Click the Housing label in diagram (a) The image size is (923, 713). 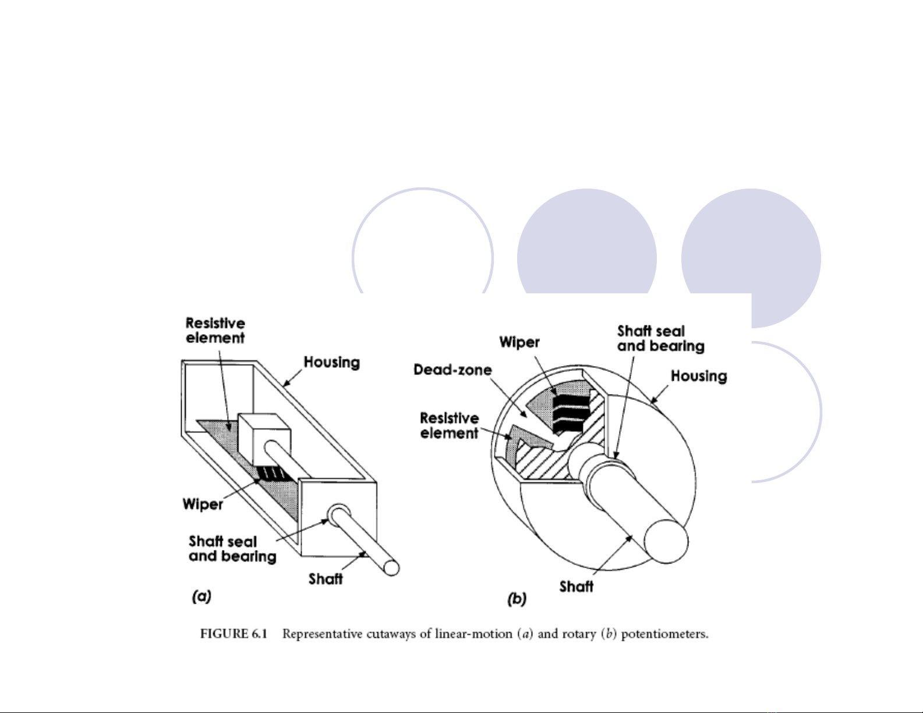(332, 363)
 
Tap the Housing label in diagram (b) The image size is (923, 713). (699, 376)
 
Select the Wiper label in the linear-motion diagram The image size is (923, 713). (203, 504)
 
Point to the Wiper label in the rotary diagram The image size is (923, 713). (519, 342)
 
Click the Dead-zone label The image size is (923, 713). (452, 370)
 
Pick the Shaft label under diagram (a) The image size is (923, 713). (326, 579)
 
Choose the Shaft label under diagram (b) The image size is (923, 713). (576, 587)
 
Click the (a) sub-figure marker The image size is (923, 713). (201, 596)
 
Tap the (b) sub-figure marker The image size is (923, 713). (517, 599)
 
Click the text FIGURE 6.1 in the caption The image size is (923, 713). (234, 634)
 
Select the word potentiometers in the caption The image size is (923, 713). (665, 634)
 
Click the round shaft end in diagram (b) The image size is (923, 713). (666, 541)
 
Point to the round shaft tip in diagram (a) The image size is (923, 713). (391, 568)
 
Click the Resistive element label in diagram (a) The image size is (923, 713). (215, 331)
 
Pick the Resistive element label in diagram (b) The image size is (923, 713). (450, 425)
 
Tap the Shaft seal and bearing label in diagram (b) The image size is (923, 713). (660, 339)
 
